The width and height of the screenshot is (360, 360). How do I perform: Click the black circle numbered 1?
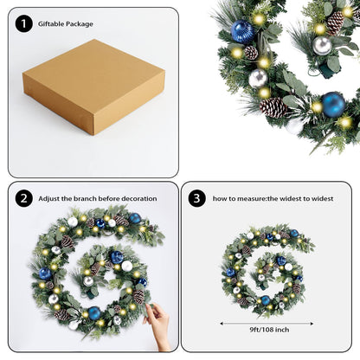23,23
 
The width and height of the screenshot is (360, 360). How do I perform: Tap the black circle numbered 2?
23,198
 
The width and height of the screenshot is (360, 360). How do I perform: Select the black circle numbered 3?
196,198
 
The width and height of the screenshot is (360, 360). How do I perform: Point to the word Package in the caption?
80,24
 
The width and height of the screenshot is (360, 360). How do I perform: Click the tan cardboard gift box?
93,87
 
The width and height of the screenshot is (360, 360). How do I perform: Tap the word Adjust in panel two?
48,198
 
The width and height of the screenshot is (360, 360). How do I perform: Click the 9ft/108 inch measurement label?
269,330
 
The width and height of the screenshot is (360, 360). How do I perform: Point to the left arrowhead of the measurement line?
222,324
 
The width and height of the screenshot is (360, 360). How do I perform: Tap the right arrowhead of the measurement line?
312,324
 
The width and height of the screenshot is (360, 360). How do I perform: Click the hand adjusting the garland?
158,325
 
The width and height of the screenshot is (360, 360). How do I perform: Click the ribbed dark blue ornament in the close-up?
242,32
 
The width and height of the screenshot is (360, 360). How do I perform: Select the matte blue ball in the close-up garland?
333,105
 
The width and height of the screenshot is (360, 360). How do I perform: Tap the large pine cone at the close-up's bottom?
273,107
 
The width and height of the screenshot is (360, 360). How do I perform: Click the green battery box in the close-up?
329,71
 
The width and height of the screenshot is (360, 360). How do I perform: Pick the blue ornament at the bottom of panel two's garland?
94,313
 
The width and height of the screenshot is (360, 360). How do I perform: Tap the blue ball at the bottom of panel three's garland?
266,300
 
